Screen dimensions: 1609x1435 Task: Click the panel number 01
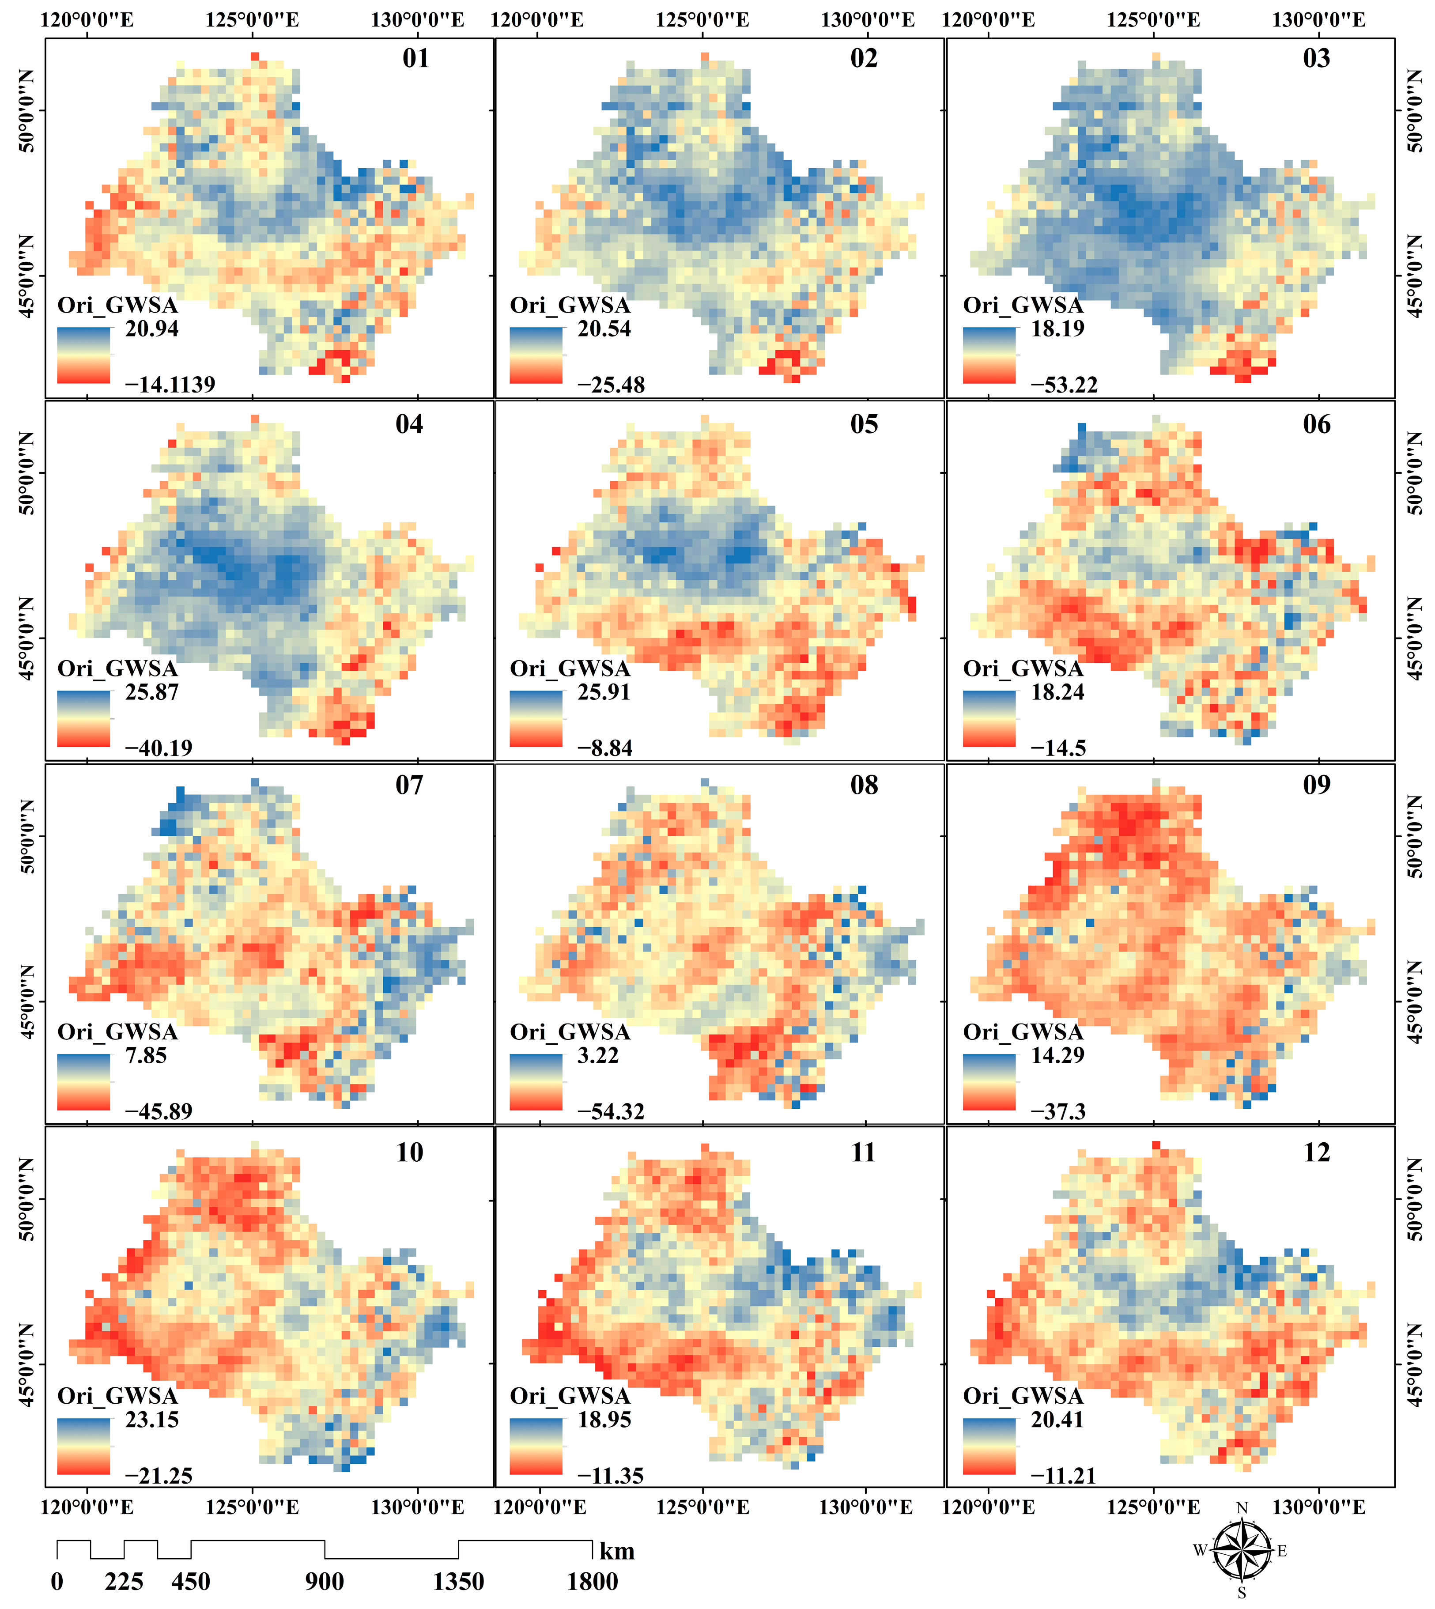click(x=415, y=58)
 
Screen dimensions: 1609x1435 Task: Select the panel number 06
click(x=1316, y=424)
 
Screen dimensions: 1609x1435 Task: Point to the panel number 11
click(x=863, y=1152)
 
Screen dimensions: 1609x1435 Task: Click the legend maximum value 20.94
click(x=151, y=329)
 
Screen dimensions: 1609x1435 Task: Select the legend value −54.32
click(x=611, y=1111)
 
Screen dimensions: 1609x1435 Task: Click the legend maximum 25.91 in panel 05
click(x=604, y=692)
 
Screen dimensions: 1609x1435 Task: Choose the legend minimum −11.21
click(x=1063, y=1476)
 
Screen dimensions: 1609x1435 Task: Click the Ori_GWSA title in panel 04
click(x=117, y=669)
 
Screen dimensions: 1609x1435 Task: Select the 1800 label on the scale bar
click(x=592, y=1582)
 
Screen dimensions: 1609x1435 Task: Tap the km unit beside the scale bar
click(x=616, y=1552)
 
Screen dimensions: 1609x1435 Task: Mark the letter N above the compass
click(x=1242, y=1508)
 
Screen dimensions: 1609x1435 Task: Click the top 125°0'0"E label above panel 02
click(x=702, y=20)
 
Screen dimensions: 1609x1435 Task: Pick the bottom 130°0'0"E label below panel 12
click(x=1318, y=1507)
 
